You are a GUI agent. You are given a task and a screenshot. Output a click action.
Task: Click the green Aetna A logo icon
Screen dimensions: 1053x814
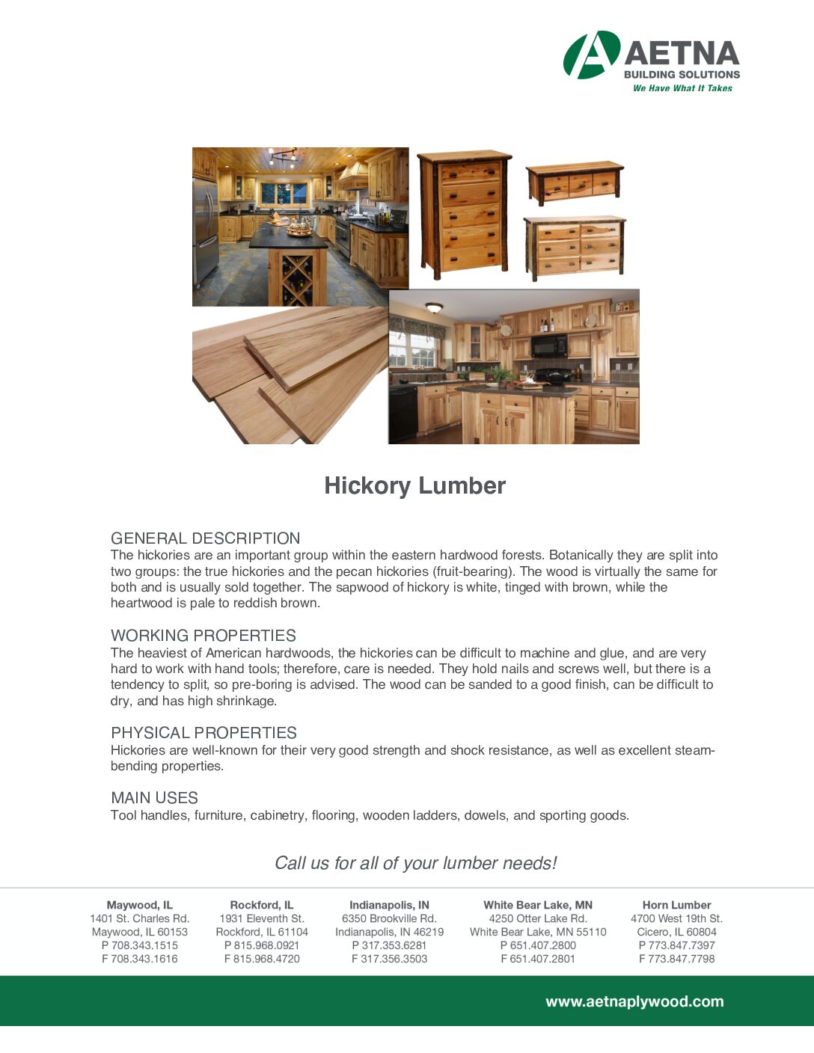pos(591,55)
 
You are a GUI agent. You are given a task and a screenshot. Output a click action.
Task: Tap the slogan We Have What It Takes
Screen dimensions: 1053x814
pos(682,88)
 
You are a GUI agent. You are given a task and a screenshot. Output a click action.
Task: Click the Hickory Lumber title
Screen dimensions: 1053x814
pos(414,485)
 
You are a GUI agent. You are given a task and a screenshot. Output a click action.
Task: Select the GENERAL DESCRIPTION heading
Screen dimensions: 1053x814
pos(205,538)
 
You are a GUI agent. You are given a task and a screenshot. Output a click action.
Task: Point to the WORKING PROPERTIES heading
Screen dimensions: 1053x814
pos(203,636)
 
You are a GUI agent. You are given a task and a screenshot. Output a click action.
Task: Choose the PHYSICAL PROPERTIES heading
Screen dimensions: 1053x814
pos(203,733)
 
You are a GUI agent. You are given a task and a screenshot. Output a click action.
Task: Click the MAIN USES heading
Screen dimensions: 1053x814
pos(154,798)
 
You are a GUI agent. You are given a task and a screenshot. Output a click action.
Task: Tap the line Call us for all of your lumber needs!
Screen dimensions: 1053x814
pos(415,863)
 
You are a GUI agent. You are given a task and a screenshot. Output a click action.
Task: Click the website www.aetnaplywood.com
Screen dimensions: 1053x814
pos(634,1001)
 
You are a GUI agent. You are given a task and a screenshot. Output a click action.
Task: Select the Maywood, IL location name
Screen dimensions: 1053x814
pos(140,905)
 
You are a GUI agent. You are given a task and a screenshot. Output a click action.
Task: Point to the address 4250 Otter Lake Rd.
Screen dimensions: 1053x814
pos(538,918)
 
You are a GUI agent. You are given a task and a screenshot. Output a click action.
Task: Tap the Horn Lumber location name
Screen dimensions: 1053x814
pos(676,905)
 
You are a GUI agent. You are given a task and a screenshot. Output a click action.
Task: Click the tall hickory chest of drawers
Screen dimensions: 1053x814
pos(465,212)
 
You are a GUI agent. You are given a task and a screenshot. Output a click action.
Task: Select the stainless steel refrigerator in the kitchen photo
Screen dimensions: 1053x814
pos(204,232)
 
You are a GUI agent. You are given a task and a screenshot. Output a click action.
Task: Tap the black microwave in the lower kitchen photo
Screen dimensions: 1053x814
pos(548,345)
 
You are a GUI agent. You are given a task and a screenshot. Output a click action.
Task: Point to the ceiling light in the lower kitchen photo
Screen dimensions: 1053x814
pos(434,307)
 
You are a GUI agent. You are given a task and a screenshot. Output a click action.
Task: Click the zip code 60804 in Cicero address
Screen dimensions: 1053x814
pos(701,932)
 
